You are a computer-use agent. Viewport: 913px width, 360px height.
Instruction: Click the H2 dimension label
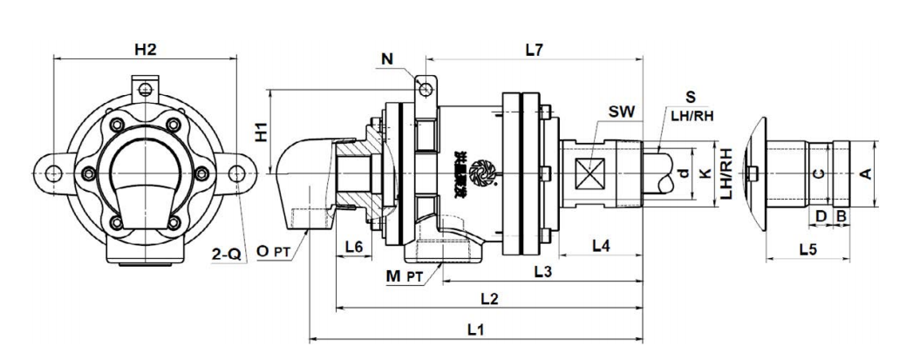coord(145,50)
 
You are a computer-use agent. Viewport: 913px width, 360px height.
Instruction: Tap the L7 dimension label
coord(535,50)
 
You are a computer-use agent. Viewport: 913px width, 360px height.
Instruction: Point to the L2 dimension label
coord(489,300)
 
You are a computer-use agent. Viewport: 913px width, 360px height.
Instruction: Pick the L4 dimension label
coord(600,246)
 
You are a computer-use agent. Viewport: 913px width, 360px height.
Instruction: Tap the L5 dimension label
coord(807,249)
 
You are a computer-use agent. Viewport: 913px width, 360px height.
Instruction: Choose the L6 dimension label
coord(353,247)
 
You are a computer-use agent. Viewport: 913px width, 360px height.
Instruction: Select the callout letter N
coord(387,59)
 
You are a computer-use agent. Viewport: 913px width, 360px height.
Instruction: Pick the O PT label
coord(276,252)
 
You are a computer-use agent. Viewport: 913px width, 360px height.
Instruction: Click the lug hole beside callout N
coord(424,89)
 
